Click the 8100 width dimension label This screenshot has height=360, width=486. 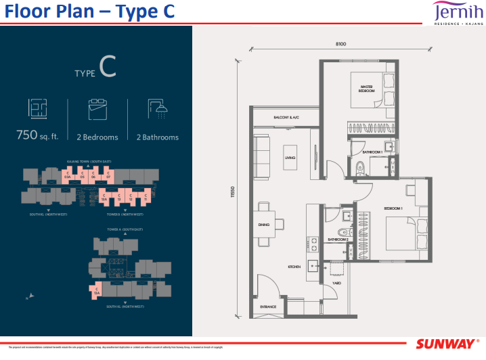click(340, 44)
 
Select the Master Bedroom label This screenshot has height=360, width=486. click(367, 89)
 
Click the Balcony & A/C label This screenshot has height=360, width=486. click(286, 118)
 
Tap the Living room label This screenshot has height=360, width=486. click(290, 160)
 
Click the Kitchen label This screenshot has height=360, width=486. click(294, 267)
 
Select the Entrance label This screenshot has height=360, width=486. click(268, 307)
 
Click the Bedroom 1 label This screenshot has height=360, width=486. click(393, 208)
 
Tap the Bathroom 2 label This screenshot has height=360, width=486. click(338, 240)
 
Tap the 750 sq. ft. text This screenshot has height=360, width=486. click(37, 136)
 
